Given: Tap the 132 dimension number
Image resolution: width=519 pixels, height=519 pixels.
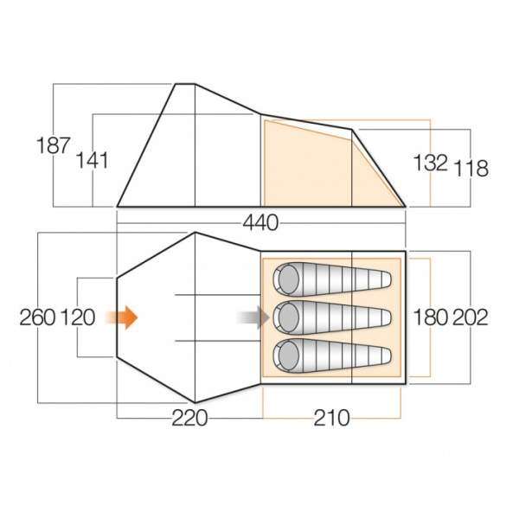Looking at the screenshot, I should (429, 162).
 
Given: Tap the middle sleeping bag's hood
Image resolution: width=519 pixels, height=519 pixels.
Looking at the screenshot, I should (287, 317).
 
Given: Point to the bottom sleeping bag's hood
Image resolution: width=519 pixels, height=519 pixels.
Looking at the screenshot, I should (287, 355).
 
